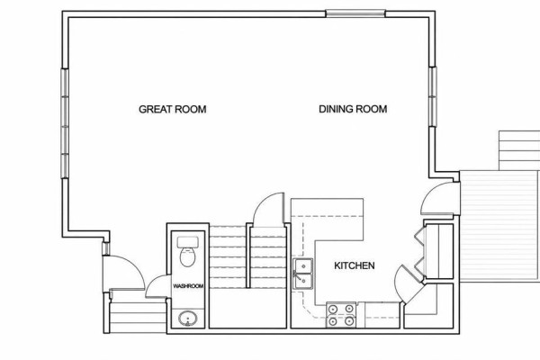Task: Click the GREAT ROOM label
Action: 173,109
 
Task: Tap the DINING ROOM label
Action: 353,109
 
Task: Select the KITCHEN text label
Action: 355,265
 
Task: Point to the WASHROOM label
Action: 188,286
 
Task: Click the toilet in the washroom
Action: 188,252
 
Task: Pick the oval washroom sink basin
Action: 188,319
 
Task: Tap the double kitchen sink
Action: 303,274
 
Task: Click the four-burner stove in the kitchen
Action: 341,315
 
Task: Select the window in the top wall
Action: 355,13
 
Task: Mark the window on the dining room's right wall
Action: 433,97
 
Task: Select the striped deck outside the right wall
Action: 499,226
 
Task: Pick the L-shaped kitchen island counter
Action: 328,220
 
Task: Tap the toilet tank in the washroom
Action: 188,242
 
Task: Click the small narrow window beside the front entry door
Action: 106,248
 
